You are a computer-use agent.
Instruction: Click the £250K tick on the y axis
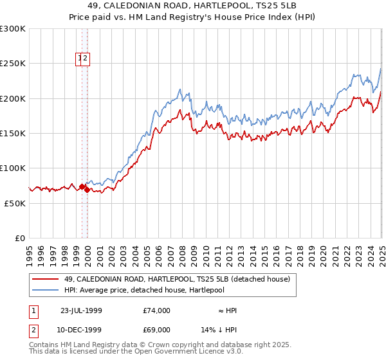12,64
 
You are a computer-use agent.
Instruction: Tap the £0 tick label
20,238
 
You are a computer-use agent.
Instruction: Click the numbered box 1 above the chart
80,59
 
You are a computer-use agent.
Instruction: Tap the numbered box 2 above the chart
86,59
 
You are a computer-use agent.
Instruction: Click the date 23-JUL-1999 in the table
81,310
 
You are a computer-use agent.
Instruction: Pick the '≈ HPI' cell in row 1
227,310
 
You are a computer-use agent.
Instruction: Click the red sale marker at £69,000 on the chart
86,190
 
